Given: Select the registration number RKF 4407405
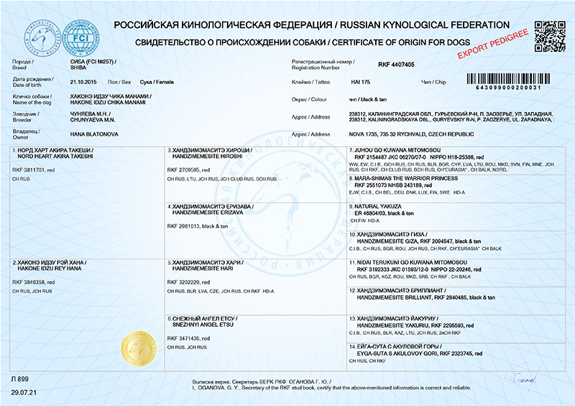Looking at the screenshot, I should click(396, 64).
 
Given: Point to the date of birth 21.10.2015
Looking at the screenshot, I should click(83, 82).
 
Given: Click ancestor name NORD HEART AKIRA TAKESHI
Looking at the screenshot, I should click(55, 155).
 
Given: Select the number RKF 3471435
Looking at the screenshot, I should click(185, 337).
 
